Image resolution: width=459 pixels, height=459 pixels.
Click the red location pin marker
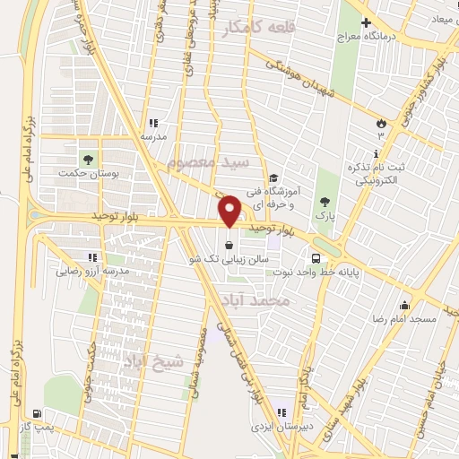click(230, 212)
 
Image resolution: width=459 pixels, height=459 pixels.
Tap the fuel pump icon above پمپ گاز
click(35, 414)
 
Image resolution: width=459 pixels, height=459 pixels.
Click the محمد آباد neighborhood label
click(281, 302)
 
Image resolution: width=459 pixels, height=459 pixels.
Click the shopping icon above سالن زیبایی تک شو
click(230, 245)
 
